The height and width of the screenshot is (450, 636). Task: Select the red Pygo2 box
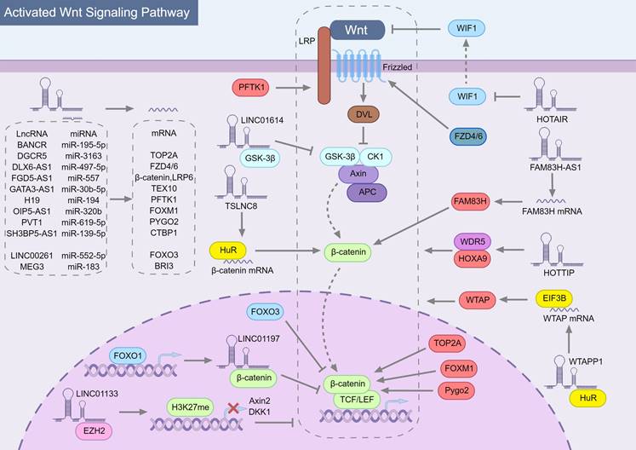coord(443,391)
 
